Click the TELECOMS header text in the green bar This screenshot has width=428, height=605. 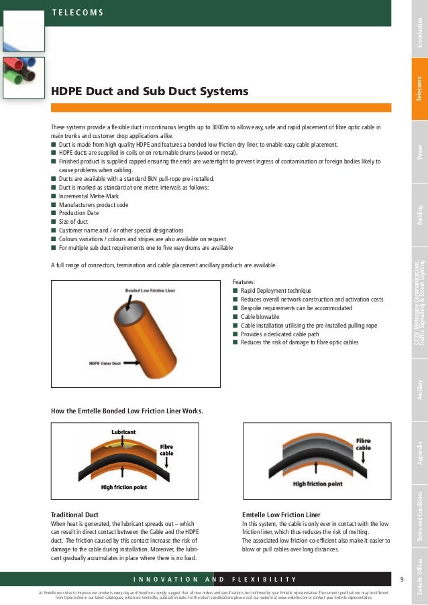tap(77, 13)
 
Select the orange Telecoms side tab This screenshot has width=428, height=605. tap(419, 90)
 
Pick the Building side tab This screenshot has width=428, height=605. tap(419, 214)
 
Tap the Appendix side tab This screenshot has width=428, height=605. tap(419, 454)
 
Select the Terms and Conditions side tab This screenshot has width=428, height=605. tap(419, 517)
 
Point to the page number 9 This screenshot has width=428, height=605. tap(401, 579)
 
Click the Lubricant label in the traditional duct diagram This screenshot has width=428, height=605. tap(123, 432)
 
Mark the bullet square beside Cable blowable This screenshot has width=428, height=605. tap(235, 316)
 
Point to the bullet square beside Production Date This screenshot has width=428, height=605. tap(53, 212)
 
